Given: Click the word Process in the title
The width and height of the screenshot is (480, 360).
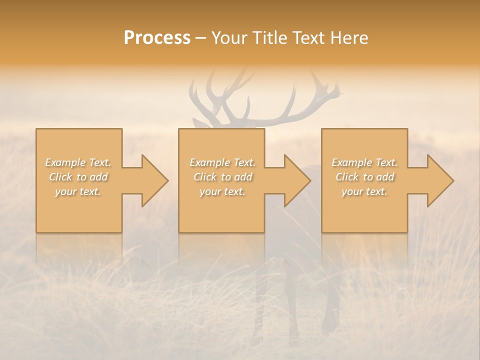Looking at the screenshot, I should pos(157,38).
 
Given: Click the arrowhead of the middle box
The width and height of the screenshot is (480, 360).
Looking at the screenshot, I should pos(296,180).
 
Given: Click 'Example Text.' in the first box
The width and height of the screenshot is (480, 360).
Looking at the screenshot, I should pos(78,162).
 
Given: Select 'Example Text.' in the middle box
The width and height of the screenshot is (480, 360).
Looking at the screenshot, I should pos(222,162).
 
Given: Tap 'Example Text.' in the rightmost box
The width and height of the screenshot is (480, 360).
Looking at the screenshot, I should pos(364,162).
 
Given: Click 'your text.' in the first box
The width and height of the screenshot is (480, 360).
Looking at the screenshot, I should pos(78,191).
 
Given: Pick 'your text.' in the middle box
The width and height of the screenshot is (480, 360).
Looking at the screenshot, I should pos(222,191).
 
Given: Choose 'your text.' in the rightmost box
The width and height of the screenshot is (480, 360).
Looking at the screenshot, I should pos(364,191).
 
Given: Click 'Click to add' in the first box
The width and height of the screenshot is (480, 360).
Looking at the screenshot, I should pos(78,177).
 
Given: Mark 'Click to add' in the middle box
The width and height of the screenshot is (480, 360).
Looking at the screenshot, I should pos(222,177).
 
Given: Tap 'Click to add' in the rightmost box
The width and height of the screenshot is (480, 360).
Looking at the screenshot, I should pos(364,177).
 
